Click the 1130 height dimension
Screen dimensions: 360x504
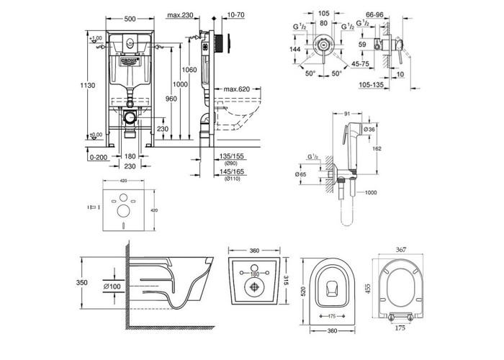tap(86, 84)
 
